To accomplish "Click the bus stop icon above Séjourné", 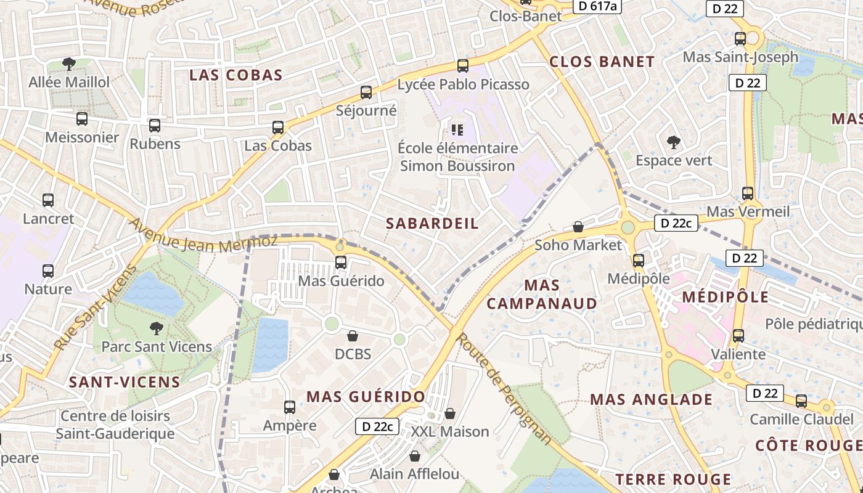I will [366, 92].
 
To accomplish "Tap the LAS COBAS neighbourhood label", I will [235, 75].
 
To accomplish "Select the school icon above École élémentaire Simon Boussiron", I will [457, 129].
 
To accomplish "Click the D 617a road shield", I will [596, 6].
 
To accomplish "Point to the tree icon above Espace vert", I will [673, 142].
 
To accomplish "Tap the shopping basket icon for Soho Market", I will [578, 227].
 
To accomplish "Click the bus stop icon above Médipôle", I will [639, 260].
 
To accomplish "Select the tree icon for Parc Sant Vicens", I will [157, 328].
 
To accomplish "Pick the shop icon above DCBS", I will [353, 336].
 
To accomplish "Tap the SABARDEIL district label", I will [432, 224].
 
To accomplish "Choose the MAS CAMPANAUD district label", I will [542, 294].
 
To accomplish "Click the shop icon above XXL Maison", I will [450, 413].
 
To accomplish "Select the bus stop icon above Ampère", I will [290, 407].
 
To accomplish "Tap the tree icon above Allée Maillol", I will [69, 63].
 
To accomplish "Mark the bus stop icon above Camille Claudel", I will [801, 401].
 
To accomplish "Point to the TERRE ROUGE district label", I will [673, 479].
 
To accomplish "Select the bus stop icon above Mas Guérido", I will [341, 263].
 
